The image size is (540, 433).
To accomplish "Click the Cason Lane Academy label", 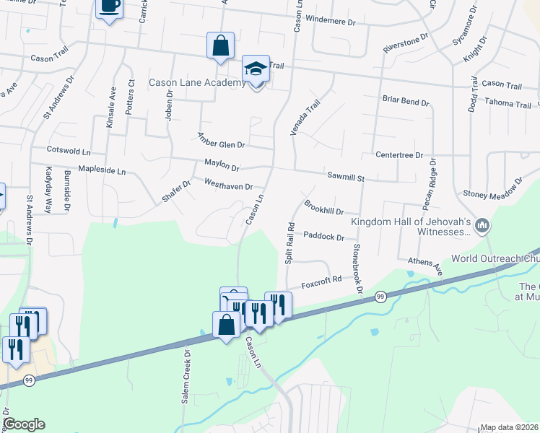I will coord(197,83).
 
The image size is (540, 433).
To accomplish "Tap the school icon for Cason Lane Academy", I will coord(256,69).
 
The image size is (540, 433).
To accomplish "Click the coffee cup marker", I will coord(109,6).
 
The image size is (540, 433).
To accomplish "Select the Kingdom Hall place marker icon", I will coord(483,227).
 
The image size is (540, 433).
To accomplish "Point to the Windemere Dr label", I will coord(331,21).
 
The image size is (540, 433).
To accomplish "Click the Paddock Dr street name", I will coord(323,235).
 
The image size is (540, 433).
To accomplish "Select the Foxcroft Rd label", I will coord(321,280).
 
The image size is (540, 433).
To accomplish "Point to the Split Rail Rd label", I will coord(289,242).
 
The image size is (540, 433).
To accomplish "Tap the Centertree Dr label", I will coord(399,154).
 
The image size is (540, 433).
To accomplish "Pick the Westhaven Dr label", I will coord(228,184).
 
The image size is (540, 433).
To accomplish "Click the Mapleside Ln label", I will coord(102,171).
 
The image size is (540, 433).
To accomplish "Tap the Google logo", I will coord(23,424).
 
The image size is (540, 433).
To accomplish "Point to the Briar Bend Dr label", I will coord(404,102).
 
